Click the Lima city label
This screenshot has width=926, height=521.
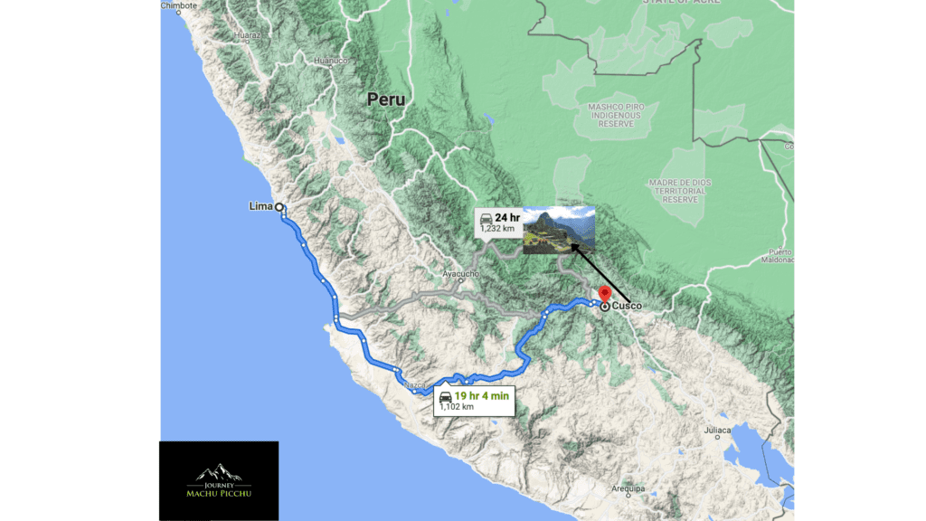coord(260,206)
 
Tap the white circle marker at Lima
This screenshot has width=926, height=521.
coord(279,207)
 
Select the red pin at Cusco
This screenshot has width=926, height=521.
coord(603,297)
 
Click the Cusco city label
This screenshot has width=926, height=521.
coord(627,307)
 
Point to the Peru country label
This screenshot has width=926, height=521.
coord(386,99)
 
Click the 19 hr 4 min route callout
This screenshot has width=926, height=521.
coord(474,400)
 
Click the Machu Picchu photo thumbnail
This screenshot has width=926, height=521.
coord(559,230)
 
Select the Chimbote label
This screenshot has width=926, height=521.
coord(178,5)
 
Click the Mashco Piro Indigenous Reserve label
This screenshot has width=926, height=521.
coord(615,115)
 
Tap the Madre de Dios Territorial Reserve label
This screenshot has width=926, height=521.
coord(680,190)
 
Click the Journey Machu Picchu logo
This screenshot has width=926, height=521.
coord(219,480)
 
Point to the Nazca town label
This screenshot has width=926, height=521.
coord(415,385)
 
